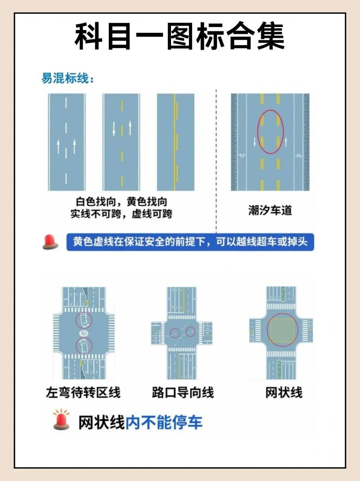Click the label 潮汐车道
pos(270,210)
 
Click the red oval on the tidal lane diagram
pos(270,132)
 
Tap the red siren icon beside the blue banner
pos(50,242)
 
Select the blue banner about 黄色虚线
pos(190,242)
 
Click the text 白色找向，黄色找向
pos(121,202)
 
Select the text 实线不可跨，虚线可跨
pos(121,214)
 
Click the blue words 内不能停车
pos(164,423)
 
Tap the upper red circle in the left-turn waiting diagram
pos(84,320)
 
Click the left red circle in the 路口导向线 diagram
pos(174,333)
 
